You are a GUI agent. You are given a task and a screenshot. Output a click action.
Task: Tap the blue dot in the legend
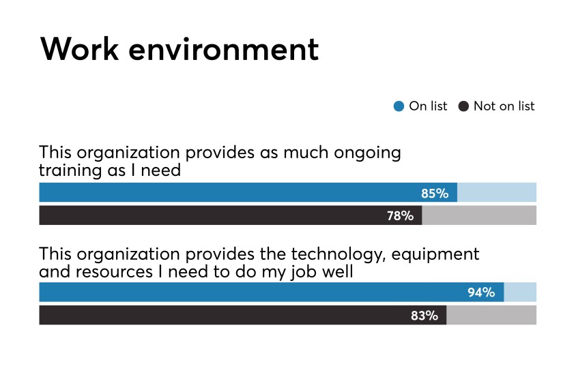tap(399, 106)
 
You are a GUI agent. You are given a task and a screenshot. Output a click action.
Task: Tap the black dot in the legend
tap(463, 106)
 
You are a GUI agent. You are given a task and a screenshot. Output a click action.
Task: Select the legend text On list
tap(428, 106)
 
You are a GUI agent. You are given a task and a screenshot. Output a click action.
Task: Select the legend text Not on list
tap(504, 106)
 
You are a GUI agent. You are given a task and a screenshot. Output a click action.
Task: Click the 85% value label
tap(435, 193)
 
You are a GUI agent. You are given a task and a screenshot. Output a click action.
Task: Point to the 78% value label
tap(400, 215)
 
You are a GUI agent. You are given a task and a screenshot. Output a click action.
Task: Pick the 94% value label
tap(481, 292)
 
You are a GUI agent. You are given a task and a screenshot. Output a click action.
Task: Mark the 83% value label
tap(424, 315)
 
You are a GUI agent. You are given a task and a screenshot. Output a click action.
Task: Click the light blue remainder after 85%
tap(496, 193)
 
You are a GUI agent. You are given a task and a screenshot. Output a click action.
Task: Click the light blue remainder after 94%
tap(520, 292)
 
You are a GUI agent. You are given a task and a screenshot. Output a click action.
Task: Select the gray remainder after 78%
tap(479, 215)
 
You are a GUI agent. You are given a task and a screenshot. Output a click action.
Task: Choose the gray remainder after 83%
tap(491, 315)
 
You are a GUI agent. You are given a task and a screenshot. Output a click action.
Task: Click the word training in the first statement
tap(67, 170)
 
